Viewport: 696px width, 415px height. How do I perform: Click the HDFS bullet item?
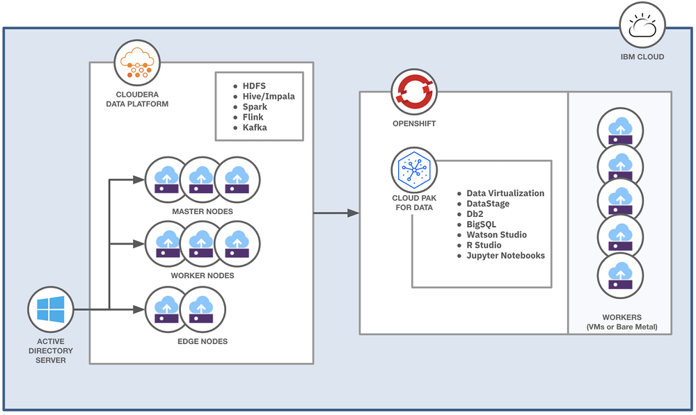[x=253, y=86]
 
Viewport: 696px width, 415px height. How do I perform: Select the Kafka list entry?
[x=254, y=128]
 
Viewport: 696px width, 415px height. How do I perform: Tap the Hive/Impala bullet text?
[x=268, y=96]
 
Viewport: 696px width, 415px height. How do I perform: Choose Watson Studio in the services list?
[x=496, y=235]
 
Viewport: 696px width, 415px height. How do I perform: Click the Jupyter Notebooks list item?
[x=505, y=256]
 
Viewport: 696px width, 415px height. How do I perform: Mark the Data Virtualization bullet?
[x=505, y=193]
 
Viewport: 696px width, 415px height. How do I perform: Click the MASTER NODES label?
[x=202, y=211]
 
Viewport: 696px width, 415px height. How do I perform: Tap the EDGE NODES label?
[x=202, y=341]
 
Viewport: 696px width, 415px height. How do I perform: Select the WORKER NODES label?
[x=202, y=276]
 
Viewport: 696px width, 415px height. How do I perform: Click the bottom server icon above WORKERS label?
[x=620, y=275]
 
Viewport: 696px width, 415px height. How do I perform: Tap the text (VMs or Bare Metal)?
[x=620, y=327]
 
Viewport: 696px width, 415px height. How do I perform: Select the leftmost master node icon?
[x=167, y=179]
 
